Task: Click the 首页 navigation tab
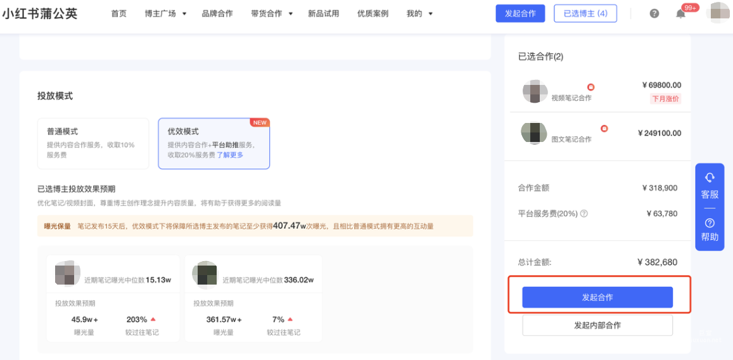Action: (118, 13)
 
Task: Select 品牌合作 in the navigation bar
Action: (217, 13)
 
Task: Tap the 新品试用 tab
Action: (323, 13)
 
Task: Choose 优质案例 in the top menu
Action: (373, 13)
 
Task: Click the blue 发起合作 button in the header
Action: (520, 13)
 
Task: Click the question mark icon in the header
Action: (654, 13)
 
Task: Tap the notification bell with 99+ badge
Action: (681, 14)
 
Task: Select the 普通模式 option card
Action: (93, 143)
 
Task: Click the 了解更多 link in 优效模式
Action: (230, 155)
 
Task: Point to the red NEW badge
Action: (260, 122)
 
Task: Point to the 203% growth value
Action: (137, 319)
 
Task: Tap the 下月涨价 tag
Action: (665, 98)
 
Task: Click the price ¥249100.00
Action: (660, 133)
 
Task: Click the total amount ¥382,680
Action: (657, 262)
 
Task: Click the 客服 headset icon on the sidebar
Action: (710, 178)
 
